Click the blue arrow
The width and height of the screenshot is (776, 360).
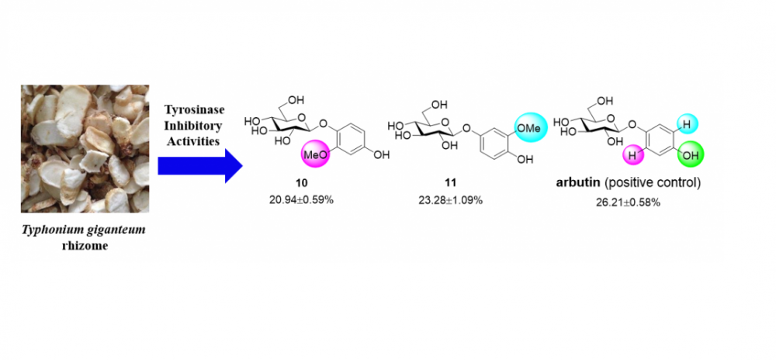pos(200,166)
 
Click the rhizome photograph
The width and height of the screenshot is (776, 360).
pos(85,148)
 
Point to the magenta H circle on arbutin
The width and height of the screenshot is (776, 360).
pos(632,154)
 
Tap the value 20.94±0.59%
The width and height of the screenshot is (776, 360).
pos(301,201)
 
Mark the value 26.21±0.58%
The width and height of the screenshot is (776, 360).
pos(629,202)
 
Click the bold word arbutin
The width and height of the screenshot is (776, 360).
pos(574,183)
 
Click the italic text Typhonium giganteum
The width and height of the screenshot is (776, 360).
pos(85,231)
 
